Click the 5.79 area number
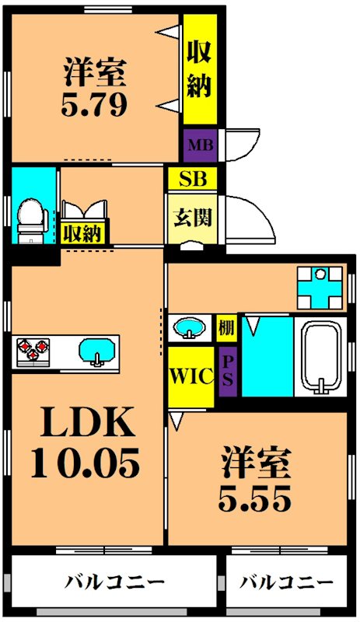95,104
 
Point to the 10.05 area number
86,463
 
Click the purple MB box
199,144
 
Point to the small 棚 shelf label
226,327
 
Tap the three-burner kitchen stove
31,352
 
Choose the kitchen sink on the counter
96,352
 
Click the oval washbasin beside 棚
188,327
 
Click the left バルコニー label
114,581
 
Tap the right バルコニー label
285,581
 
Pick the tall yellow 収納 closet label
200,68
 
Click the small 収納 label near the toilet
83,232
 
